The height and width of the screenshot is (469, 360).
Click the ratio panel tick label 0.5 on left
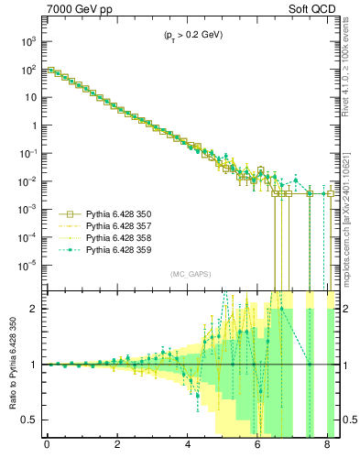[29, 420]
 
